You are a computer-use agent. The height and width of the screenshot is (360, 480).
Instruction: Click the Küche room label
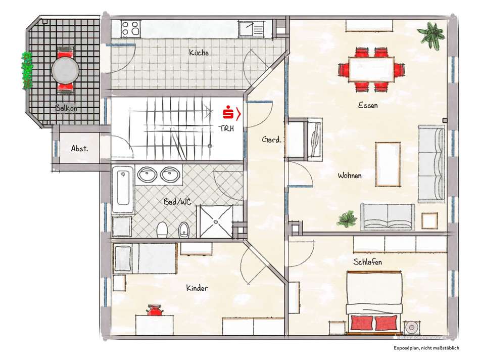[x=199, y=53]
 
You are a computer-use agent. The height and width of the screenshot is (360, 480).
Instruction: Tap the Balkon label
[x=67, y=108]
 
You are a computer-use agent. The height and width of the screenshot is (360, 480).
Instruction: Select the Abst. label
[x=80, y=149]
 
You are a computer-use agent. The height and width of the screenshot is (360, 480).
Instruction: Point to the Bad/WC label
[x=177, y=202]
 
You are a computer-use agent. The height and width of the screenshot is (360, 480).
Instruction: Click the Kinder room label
[x=197, y=288]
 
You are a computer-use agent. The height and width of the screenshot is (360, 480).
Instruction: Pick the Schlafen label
[x=367, y=262]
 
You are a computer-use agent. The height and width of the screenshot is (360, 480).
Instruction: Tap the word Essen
[x=368, y=105]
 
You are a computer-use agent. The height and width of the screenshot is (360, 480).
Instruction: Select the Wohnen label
[x=350, y=175]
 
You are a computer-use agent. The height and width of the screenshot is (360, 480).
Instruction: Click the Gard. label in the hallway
[x=271, y=140]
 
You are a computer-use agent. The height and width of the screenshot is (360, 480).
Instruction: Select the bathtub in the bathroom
[x=123, y=190]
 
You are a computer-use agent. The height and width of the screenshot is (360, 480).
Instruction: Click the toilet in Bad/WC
[x=162, y=231]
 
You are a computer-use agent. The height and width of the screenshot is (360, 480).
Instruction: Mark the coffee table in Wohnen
[x=388, y=163]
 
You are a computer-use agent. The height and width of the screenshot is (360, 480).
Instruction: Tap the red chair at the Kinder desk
[x=154, y=310]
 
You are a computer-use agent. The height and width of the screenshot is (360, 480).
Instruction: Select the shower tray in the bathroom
[x=216, y=220]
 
